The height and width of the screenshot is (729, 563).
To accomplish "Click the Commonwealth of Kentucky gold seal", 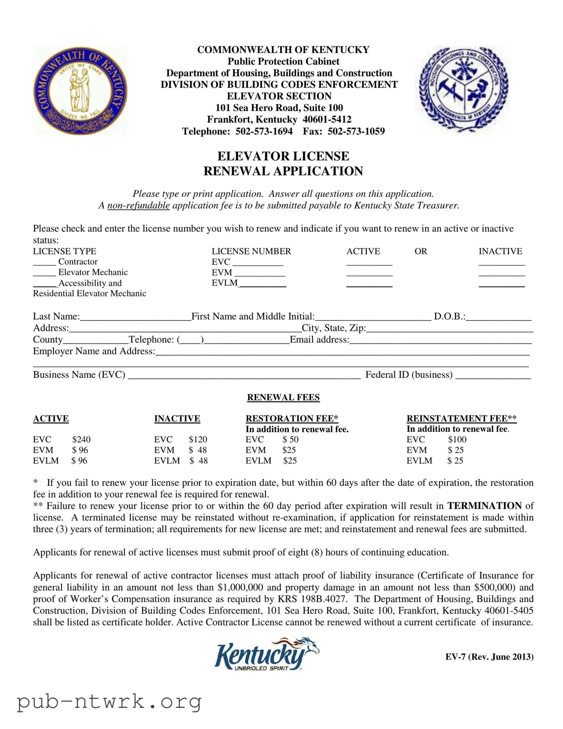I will (x=80, y=91).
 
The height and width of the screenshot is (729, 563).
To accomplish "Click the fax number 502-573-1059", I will (x=356, y=131).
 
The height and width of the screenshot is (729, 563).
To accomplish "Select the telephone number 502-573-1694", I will (x=264, y=131).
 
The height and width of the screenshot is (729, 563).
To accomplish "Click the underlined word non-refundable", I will (x=139, y=205).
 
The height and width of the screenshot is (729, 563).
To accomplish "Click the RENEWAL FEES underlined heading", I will (x=283, y=397).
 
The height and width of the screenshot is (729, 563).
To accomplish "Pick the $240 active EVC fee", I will (x=81, y=439).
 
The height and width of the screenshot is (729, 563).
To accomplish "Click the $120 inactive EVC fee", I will (x=198, y=439).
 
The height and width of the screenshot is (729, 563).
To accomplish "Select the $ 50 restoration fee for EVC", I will (x=290, y=439).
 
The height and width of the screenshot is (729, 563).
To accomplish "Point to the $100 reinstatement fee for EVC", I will (x=457, y=439).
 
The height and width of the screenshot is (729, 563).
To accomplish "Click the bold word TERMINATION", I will (x=484, y=506).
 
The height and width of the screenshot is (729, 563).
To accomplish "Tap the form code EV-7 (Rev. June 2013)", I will (x=489, y=657).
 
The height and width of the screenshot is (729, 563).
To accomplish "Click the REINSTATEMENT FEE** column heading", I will (x=461, y=418).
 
